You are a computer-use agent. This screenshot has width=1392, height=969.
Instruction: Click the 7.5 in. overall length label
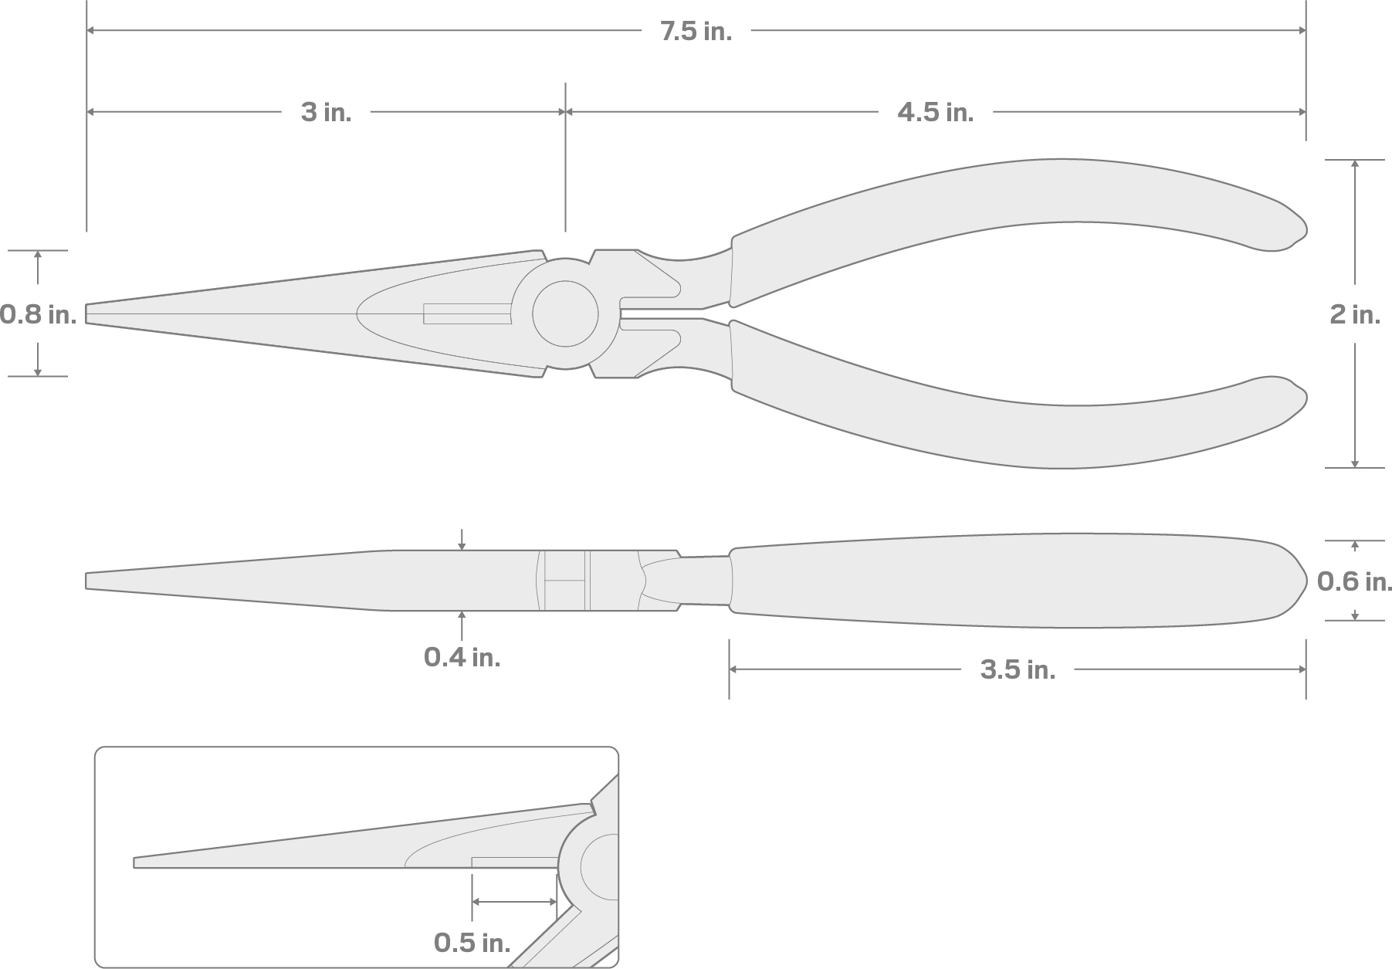696,32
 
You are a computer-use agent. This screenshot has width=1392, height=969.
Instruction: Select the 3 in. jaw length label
326,113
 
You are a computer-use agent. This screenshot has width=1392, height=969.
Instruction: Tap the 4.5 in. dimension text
935,113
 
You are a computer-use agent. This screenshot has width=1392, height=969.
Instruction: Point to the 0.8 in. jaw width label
37,314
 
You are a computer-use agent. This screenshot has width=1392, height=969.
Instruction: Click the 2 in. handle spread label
1354,314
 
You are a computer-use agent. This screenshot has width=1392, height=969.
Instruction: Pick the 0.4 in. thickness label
462,658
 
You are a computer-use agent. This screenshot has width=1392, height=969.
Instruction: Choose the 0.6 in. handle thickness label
1354,581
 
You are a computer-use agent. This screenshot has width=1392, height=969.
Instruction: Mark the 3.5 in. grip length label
1018,670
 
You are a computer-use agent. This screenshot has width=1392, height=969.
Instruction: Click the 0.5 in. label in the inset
472,943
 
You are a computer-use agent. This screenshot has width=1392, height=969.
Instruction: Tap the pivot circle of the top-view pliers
565,313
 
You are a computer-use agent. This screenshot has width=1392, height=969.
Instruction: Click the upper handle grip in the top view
1004,201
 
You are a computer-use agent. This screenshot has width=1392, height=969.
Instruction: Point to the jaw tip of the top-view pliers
90,313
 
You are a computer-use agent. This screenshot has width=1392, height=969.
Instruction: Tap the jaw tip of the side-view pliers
90,581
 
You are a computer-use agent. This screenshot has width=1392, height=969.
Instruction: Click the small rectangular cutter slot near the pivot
467,313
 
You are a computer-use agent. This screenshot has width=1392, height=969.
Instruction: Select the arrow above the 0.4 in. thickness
462,540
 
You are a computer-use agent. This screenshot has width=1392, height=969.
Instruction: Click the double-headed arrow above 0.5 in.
514,902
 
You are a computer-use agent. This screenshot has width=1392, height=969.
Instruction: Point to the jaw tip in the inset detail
137,862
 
